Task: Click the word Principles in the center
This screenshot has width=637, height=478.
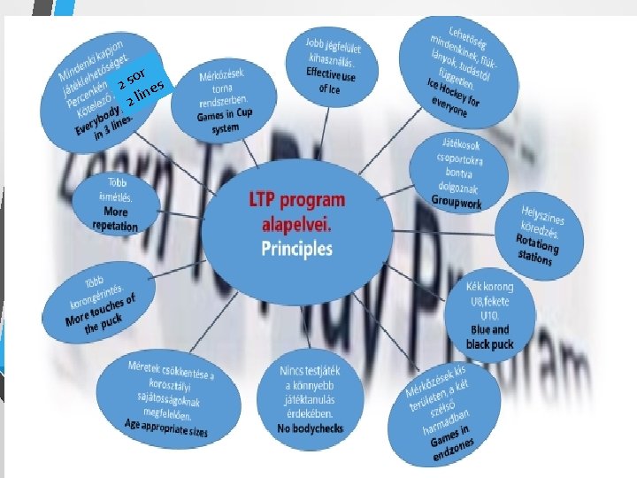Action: tap(297, 250)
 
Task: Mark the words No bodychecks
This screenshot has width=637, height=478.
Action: tap(309, 428)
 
